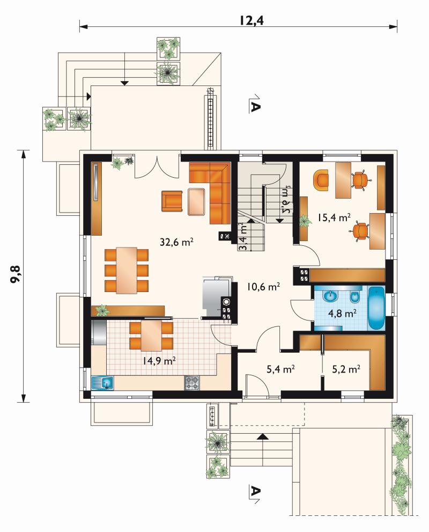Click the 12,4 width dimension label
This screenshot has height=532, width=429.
252,20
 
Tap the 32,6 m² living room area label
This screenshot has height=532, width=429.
176,242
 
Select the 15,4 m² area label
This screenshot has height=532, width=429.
334,217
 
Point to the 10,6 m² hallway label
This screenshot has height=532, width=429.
263,287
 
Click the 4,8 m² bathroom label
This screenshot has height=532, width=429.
342,313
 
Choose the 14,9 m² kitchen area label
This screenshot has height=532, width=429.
159,361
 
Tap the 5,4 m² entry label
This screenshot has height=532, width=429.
280,369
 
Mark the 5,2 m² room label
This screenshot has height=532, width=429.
346,369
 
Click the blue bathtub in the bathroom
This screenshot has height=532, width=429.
376,308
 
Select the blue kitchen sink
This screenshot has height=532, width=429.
102,383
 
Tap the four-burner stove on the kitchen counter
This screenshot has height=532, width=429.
192,383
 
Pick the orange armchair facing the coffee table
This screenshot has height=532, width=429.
172,201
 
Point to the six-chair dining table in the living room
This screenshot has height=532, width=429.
127,271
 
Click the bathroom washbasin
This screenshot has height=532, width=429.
330,296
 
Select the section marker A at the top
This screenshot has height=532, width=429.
255,105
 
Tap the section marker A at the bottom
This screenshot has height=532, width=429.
255,492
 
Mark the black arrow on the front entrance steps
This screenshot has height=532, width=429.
261,436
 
